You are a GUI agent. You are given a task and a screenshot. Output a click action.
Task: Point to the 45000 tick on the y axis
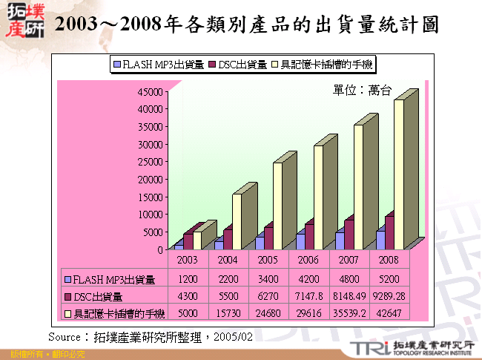coord(151,91)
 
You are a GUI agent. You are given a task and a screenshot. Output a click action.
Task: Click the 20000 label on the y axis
coord(151,179)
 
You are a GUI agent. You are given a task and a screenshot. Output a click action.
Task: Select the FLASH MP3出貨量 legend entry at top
coord(159,65)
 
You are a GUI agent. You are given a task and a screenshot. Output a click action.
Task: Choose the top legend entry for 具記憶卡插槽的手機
coord(324,65)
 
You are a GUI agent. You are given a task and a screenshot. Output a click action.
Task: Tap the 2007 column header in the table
coord(349,261)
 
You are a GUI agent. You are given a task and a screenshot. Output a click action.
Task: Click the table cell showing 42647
coord(389,315)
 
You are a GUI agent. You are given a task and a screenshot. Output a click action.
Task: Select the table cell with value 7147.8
coord(308,297)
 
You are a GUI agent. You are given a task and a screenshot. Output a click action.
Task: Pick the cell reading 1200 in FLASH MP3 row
coord(188,280)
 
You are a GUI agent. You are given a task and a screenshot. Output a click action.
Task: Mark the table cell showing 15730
coord(228,315)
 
